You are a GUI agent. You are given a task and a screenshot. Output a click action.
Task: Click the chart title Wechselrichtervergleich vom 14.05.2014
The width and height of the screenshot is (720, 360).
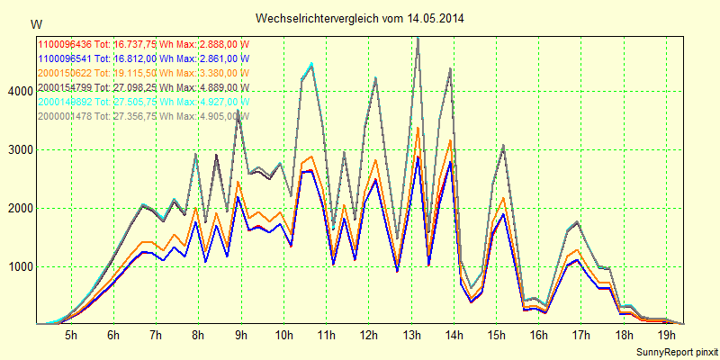click(360, 18)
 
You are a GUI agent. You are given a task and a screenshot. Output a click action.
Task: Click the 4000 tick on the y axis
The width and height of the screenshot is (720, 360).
click(18, 92)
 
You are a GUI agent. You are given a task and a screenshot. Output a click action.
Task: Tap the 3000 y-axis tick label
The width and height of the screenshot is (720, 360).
click(18, 150)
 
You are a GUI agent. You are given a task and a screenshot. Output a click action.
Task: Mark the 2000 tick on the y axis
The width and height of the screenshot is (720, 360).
click(18, 209)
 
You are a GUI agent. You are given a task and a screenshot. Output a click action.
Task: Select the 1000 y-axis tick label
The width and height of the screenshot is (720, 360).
click(18, 267)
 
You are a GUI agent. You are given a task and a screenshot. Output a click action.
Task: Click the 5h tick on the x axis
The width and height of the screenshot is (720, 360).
click(71, 336)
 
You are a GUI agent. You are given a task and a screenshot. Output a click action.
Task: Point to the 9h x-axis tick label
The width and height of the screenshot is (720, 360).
click(241, 336)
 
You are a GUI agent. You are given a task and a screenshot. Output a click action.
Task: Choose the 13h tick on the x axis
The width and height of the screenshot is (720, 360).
click(411, 336)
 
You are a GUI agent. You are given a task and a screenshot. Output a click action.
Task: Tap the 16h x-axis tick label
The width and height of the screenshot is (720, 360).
click(539, 336)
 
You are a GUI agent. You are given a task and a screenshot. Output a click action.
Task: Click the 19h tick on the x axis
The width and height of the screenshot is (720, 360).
click(667, 336)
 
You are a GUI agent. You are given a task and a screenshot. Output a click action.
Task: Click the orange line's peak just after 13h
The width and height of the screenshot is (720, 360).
click(418, 128)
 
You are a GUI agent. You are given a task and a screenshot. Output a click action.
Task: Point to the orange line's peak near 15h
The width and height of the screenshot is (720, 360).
click(503, 198)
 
